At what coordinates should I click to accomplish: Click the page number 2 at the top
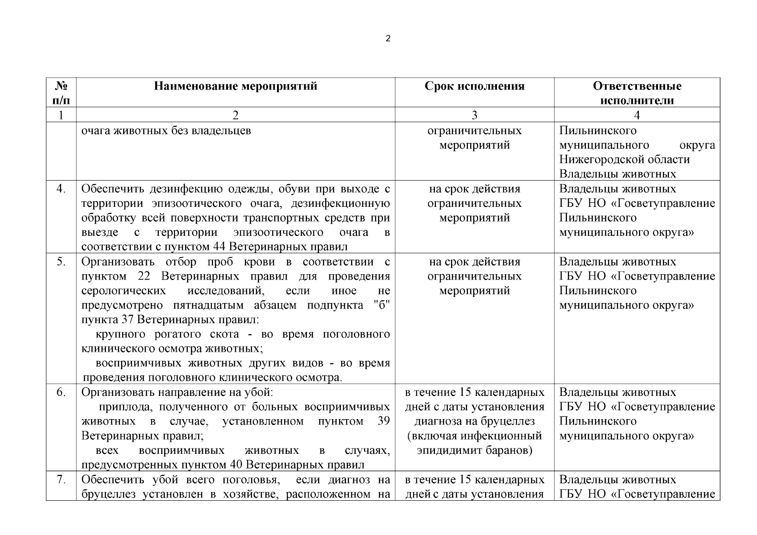(x=388, y=39)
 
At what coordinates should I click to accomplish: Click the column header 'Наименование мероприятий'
(x=236, y=86)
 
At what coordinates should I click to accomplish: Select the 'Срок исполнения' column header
(x=474, y=86)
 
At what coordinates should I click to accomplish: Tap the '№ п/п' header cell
(x=61, y=93)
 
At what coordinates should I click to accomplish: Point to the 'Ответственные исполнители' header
(x=637, y=93)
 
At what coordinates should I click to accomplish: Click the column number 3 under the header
(x=474, y=115)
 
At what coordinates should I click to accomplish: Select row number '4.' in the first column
(x=61, y=189)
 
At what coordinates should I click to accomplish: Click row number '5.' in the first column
(x=61, y=262)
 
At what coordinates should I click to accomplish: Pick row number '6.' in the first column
(x=61, y=392)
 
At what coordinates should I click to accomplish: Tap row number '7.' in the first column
(x=61, y=480)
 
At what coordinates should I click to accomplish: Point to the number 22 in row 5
(x=144, y=276)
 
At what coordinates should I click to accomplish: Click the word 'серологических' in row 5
(x=124, y=291)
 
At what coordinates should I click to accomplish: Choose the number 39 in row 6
(x=384, y=421)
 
